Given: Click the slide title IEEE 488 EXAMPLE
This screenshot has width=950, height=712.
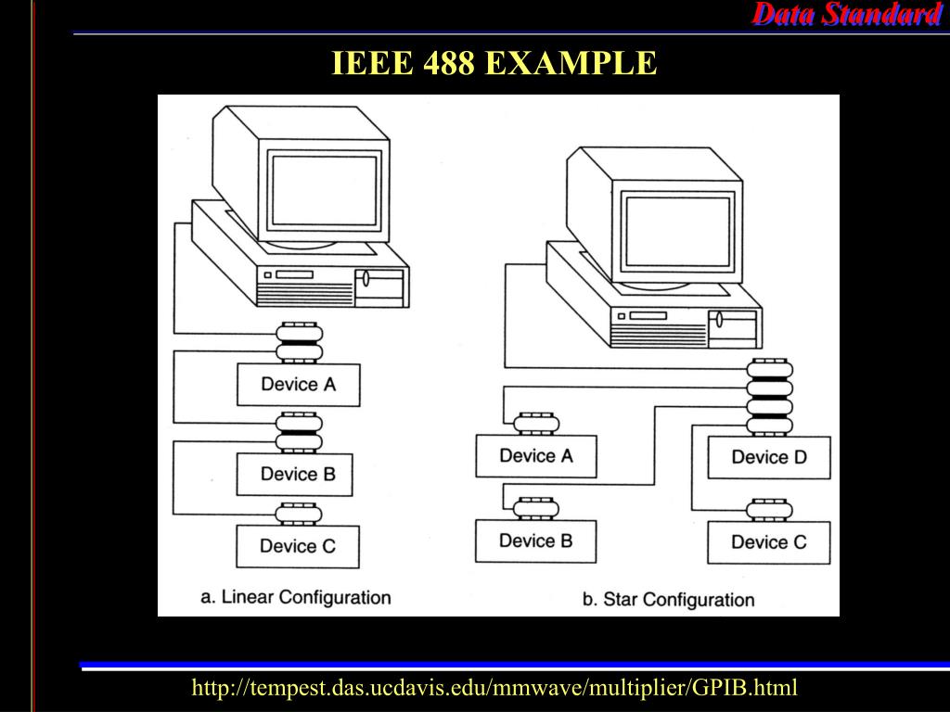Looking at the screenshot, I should (494, 64).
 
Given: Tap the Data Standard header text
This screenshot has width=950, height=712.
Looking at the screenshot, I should (845, 14).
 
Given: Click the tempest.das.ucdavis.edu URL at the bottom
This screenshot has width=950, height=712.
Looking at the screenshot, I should (494, 688).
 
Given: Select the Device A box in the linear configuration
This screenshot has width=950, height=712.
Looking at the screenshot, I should (298, 384).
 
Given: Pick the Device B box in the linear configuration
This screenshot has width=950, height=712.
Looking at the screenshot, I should (298, 474).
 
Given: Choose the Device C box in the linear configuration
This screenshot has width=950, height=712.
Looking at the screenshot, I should (298, 546).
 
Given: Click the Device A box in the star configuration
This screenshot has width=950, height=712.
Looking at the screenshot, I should (536, 456).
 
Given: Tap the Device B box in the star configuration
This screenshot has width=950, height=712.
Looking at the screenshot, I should (536, 540).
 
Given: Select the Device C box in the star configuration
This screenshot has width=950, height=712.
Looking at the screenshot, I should (769, 542).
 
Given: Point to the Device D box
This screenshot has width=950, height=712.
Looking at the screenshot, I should (769, 457).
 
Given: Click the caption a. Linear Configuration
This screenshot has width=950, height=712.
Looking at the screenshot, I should (296, 596).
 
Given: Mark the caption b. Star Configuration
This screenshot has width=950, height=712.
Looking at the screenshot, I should (668, 599).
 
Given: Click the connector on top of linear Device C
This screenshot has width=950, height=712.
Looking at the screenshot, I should (299, 513).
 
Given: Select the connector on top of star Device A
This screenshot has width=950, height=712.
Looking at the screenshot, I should (537, 424).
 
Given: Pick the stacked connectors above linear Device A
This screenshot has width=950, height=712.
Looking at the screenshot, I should (299, 341).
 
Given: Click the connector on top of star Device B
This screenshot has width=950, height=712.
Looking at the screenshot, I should (537, 507).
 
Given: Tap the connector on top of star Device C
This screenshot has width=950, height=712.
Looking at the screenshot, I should (769, 511).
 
